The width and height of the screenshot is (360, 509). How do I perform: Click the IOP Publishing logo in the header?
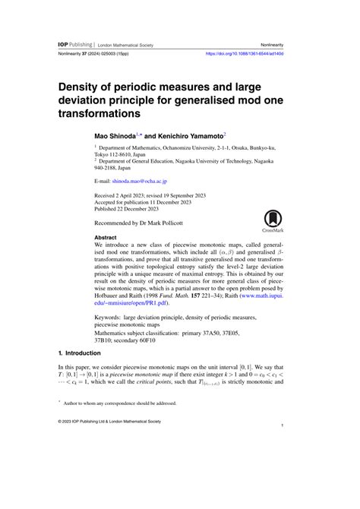[76, 45]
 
